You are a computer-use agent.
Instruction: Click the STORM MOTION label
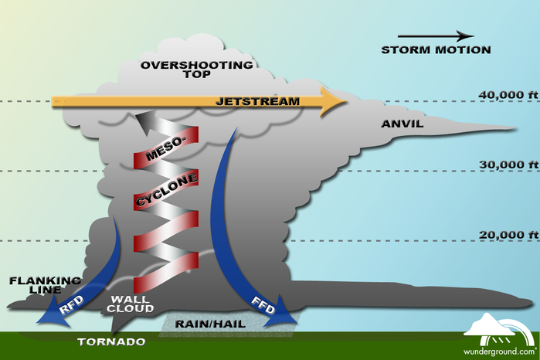[436, 50]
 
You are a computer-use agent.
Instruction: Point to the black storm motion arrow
[436, 36]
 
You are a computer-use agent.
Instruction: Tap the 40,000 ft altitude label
[508, 95]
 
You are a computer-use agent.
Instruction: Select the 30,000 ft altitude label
[508, 165]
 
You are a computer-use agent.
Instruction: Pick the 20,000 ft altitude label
[508, 235]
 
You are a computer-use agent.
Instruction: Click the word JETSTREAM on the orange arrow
[257, 101]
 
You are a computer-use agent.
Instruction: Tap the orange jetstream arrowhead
[333, 102]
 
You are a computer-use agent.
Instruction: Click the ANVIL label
[402, 124]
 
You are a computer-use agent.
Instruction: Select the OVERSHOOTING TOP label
[197, 70]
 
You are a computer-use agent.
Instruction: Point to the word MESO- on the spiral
[165, 149]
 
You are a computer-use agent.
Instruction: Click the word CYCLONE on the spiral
[167, 189]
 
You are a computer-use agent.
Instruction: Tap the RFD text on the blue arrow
[72, 304]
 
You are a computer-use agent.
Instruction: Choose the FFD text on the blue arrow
[263, 305]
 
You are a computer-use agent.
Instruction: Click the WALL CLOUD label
[130, 304]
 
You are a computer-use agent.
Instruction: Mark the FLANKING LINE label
[45, 285]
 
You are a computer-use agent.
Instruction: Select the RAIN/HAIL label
[210, 324]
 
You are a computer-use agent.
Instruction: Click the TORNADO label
[111, 341]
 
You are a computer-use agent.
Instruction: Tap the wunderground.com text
[500, 352]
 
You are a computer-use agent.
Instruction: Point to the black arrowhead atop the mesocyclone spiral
[146, 122]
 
